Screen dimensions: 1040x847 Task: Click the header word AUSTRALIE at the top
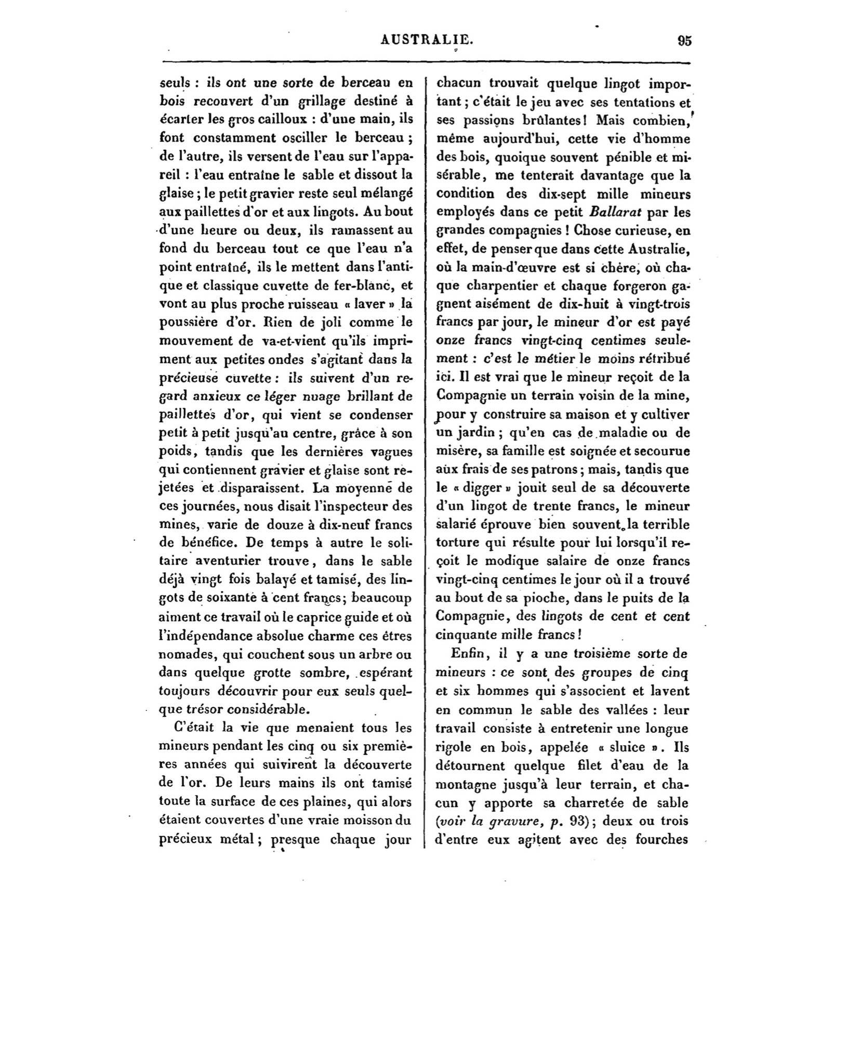[427, 40]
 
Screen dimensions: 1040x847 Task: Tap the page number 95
[684, 41]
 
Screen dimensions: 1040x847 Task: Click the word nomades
[183, 654]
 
